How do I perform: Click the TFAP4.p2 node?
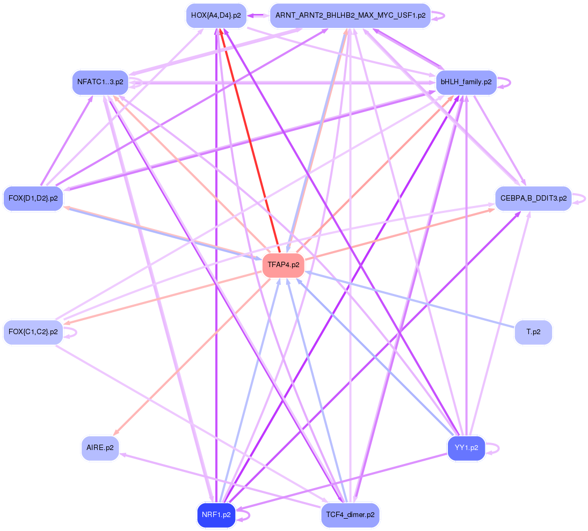tap(283, 265)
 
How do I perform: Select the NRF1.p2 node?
tap(216, 515)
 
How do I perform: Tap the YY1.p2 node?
tap(466, 448)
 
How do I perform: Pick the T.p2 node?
tap(533, 332)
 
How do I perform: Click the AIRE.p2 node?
tap(100, 448)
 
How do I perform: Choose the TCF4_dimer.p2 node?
tap(350, 515)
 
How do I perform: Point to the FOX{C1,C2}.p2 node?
tap(33, 332)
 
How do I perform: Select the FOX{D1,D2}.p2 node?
tap(33, 198)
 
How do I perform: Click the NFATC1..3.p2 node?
tap(100, 83)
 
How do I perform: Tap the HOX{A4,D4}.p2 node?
tap(216, 16)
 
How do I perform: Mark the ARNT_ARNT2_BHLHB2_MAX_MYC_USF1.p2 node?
tap(350, 16)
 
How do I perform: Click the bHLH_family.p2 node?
tap(466, 83)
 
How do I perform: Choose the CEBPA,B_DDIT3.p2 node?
tap(533, 198)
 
